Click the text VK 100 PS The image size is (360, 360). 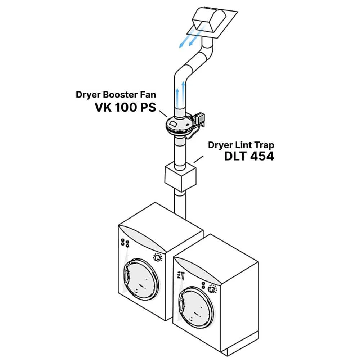point(125,107)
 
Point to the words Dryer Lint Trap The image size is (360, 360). point(241,145)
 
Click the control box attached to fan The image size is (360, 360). point(199,118)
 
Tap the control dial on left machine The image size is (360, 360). point(157,258)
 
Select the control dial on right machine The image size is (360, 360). point(212,289)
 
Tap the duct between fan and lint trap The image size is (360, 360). point(179,151)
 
